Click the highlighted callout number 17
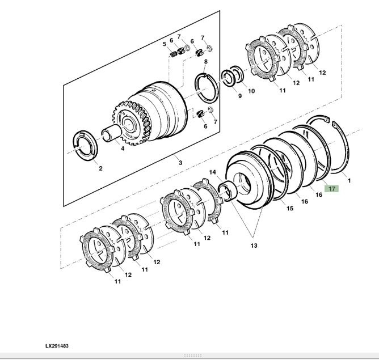pyautogui.click(x=331, y=189)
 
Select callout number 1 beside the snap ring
pyautogui.click(x=349, y=181)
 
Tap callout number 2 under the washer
pyautogui.click(x=100, y=168)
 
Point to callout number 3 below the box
pyautogui.click(x=180, y=163)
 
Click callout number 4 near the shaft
pyautogui.click(x=122, y=149)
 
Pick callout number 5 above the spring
pyautogui.click(x=165, y=44)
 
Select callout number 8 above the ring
pyautogui.click(x=205, y=61)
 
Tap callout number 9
pyautogui.click(x=239, y=96)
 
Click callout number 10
pyautogui.click(x=251, y=91)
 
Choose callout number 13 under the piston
pyautogui.click(x=254, y=245)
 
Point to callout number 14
pyautogui.click(x=212, y=172)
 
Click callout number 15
pyautogui.click(x=290, y=209)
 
